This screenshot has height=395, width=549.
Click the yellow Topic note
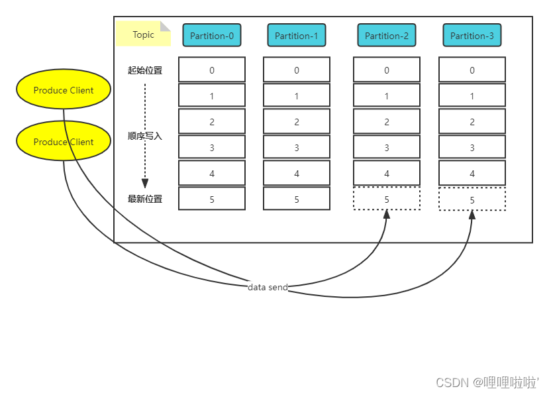point(143,34)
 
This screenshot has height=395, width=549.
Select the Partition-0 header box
point(212,36)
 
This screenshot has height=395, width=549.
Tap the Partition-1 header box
point(297,36)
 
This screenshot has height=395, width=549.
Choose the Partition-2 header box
point(387,36)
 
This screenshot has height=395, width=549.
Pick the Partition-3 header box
point(472,36)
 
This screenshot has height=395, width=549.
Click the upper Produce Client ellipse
point(64,90)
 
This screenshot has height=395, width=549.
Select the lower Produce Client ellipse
point(64,141)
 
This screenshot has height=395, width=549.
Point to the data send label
point(268,287)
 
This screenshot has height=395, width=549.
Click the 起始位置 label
point(145,70)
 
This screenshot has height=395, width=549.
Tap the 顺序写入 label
point(145,136)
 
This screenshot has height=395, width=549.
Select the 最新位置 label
point(145,199)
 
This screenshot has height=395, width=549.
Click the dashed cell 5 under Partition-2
point(387,199)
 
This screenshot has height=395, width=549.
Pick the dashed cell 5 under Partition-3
point(472,199)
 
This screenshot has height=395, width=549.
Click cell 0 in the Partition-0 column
point(212,70)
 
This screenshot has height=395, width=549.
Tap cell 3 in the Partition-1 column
point(297,148)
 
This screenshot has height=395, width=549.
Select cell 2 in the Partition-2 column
point(387,122)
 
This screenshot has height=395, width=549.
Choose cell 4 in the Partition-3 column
point(472,174)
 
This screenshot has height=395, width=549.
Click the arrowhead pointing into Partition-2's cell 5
point(387,215)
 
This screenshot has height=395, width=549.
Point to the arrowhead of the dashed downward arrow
point(145,184)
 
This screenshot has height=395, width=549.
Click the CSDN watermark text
point(487,382)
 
